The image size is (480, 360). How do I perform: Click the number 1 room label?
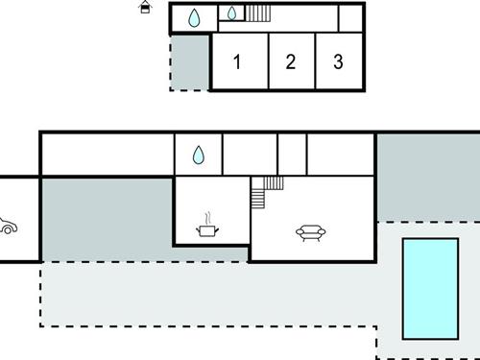pyautogui.click(x=236, y=62)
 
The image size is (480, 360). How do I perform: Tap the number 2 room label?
pyautogui.click(x=290, y=62)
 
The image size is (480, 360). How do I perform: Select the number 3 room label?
pyautogui.click(x=338, y=62)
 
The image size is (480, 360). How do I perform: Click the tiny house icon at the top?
pyautogui.click(x=145, y=8)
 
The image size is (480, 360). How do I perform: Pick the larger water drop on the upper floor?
pyautogui.click(x=194, y=17)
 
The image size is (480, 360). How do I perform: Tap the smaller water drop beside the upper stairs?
pyautogui.click(x=231, y=13)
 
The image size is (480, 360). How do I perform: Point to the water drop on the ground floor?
pyautogui.click(x=198, y=156)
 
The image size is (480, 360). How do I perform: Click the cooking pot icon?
pyautogui.click(x=206, y=230)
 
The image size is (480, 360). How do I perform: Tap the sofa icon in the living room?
pyautogui.click(x=310, y=231)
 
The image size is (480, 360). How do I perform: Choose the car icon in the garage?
pyautogui.click(x=6, y=227)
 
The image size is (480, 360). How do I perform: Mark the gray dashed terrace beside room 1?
pyautogui.click(x=190, y=62)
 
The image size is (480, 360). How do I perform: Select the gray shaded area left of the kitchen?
pyautogui.click(x=106, y=219)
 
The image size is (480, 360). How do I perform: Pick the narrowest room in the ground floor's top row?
pyautogui.click(x=292, y=155)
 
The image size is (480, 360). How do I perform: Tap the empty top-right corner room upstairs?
pyautogui.click(x=351, y=17)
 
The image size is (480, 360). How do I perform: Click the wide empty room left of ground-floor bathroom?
pyautogui.click(x=107, y=155)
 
